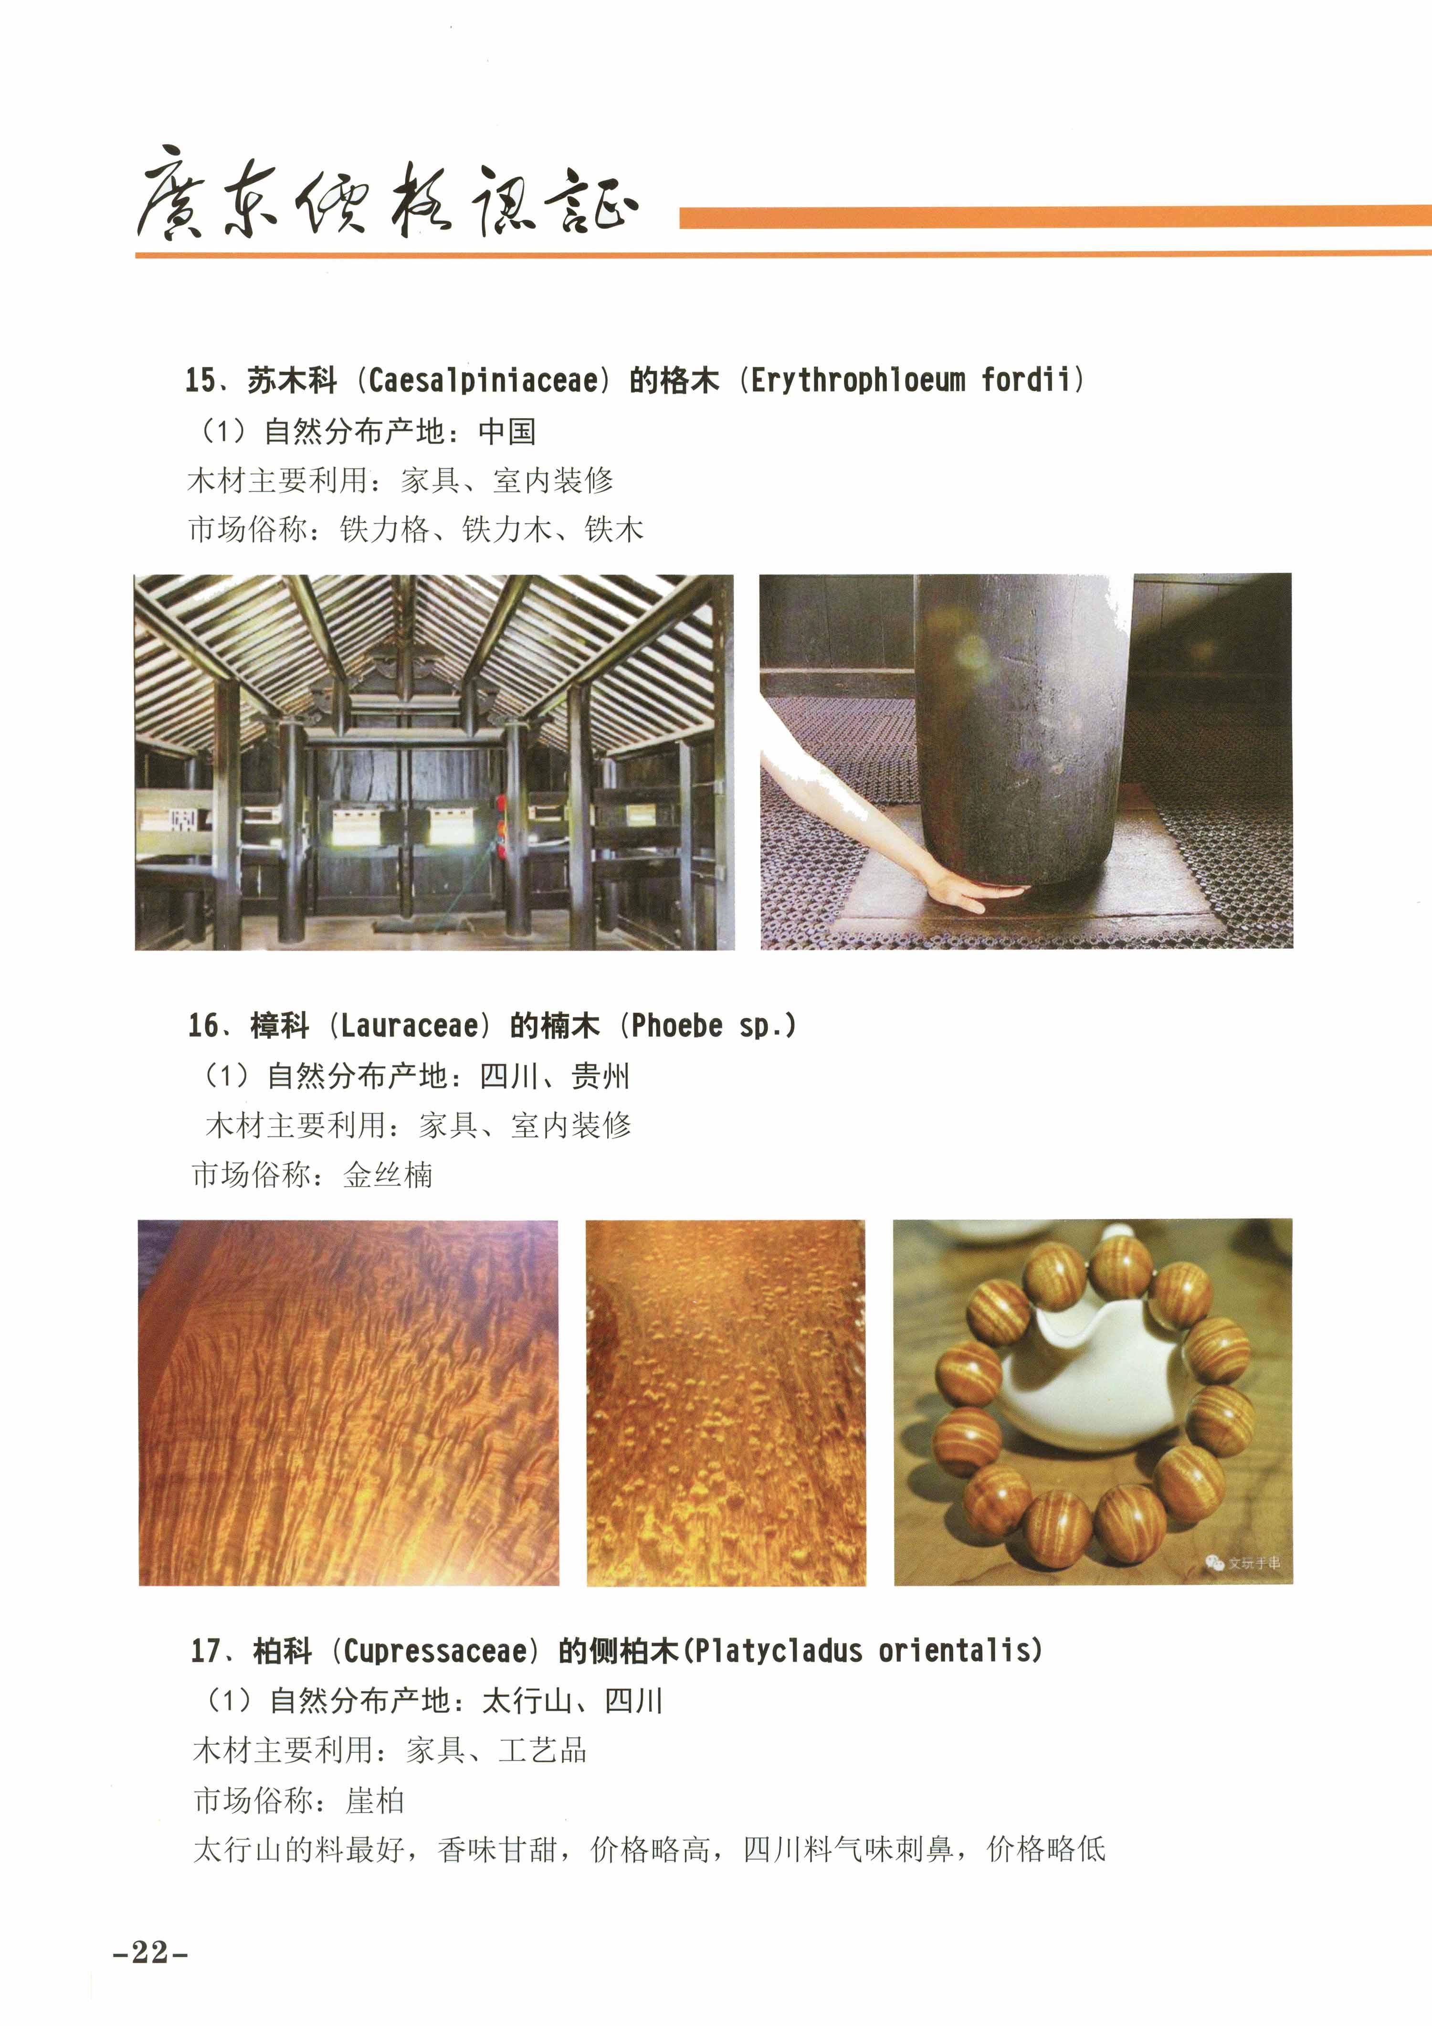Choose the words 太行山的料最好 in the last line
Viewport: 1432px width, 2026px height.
pyautogui.click(x=299, y=1849)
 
